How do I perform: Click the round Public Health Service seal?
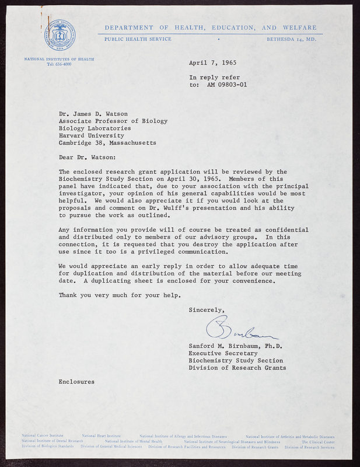(x=58, y=35)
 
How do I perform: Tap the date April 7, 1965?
(x=212, y=63)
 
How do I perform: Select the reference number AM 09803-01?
(x=227, y=84)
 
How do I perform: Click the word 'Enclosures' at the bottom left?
(x=76, y=381)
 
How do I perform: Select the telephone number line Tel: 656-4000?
(x=58, y=64)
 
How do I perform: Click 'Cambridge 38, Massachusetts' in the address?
(x=107, y=142)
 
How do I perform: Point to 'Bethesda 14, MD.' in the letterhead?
(x=291, y=39)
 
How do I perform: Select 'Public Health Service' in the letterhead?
(x=138, y=39)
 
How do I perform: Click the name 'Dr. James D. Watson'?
(x=93, y=114)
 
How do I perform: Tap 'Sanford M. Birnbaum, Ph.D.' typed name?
(x=235, y=346)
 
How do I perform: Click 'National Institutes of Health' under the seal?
(x=58, y=59)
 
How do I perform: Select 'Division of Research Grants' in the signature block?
(x=237, y=368)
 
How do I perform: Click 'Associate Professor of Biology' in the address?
(x=113, y=121)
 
